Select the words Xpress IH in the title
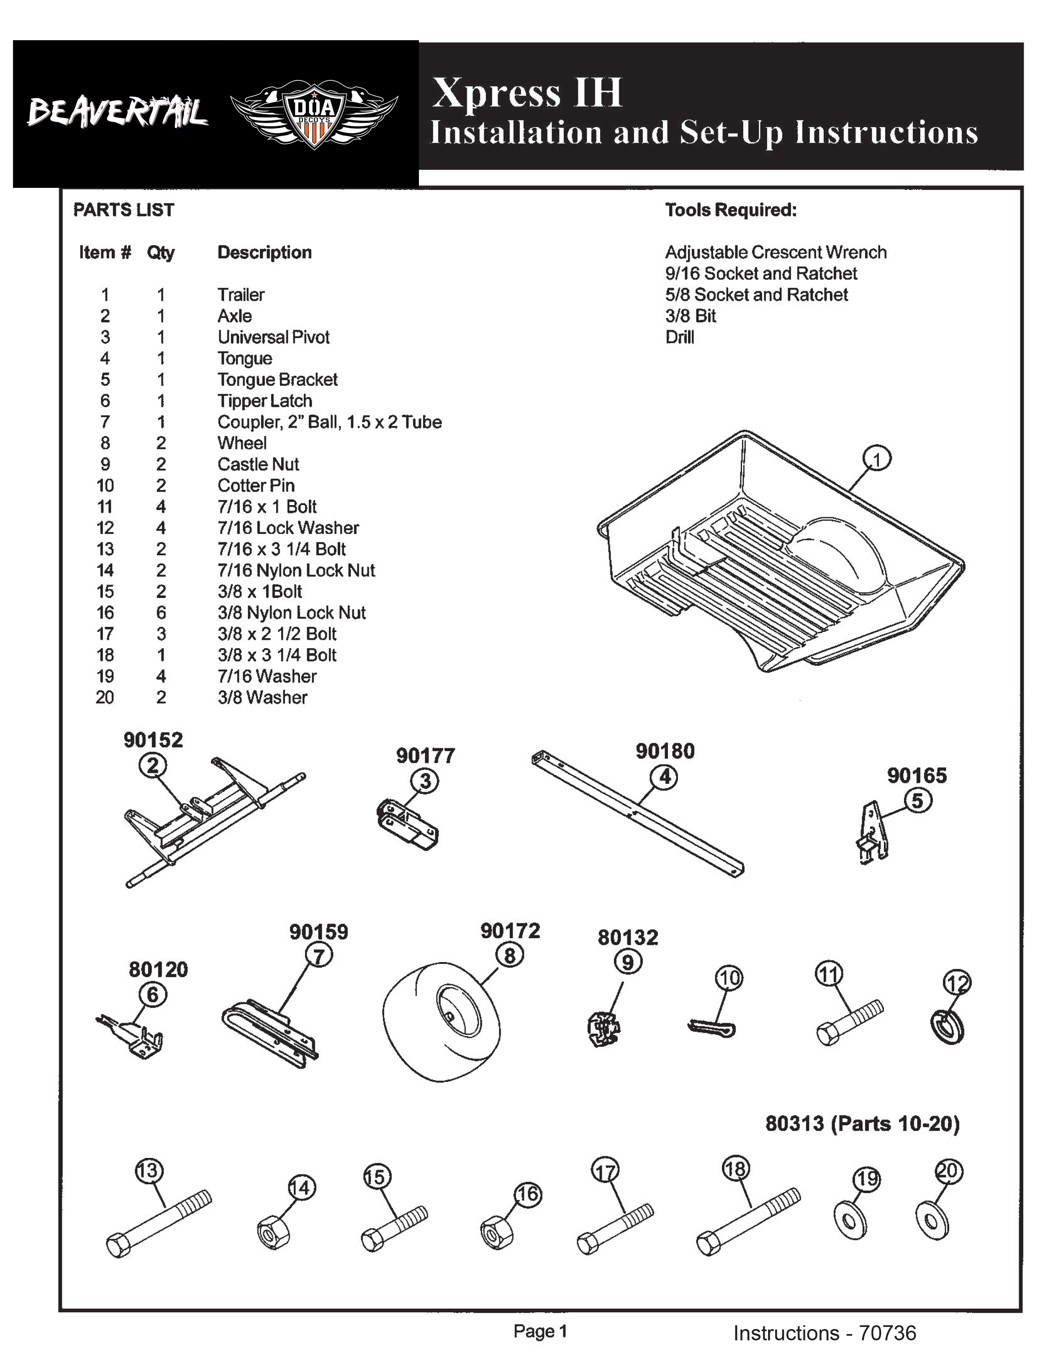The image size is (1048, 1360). click(527, 93)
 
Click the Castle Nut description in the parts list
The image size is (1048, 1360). click(258, 464)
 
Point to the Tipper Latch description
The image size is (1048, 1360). click(265, 401)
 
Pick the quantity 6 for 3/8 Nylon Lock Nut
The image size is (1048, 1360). click(161, 613)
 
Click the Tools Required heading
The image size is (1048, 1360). click(730, 210)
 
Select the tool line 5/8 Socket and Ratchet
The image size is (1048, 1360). click(756, 295)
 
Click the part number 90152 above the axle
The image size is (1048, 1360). click(153, 740)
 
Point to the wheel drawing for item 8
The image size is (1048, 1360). click(442, 1021)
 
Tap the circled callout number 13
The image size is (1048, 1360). click(148, 1171)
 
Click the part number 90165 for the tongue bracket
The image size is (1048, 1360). click(917, 775)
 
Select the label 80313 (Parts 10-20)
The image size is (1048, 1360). click(862, 1124)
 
